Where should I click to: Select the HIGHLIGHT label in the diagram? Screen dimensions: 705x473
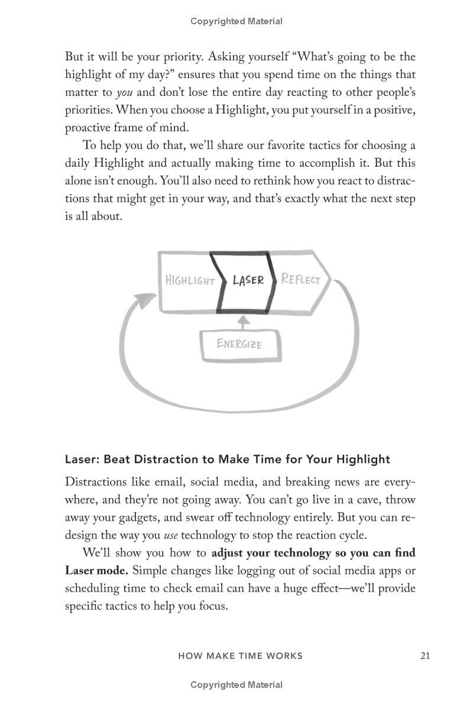190,280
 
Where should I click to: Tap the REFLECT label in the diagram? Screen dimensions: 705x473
300,279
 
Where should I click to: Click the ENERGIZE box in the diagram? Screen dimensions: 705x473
239,344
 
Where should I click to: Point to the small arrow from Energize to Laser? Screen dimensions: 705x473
241,323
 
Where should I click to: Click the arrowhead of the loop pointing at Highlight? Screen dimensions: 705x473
144,302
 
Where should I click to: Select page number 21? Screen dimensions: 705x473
425,655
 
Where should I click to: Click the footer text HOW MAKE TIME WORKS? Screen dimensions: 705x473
240,655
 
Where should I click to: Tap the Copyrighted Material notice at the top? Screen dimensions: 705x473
237,21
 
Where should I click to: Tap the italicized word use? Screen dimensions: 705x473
170,535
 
